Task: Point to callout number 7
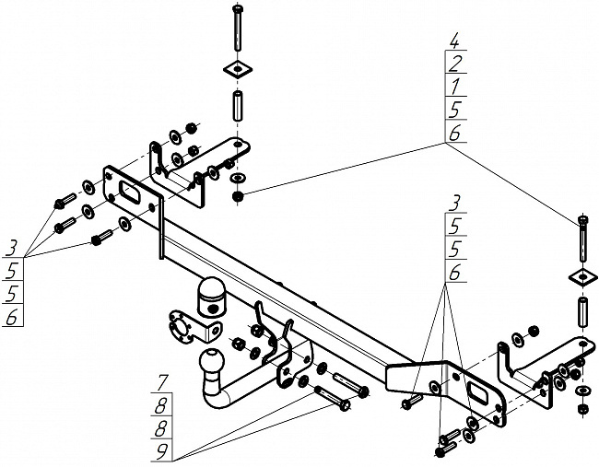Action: [162, 381]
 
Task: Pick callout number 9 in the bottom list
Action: [162, 450]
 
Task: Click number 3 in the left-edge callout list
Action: [13, 247]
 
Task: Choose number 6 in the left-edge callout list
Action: [13, 318]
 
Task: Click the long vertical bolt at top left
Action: [238, 29]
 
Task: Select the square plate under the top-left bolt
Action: [238, 70]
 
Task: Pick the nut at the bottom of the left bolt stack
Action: [238, 195]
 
